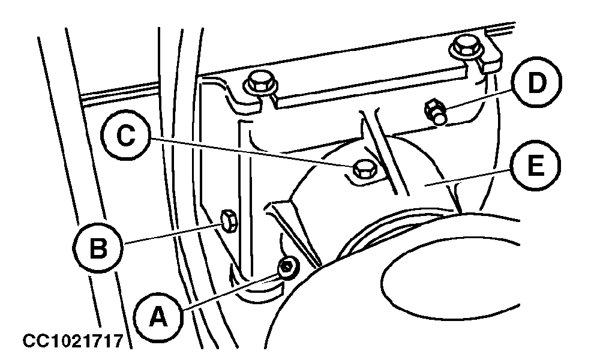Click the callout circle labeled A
[x=158, y=317]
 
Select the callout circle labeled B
[x=98, y=248]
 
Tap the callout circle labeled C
[x=125, y=136]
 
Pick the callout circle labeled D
[x=536, y=83]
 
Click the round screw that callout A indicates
[x=288, y=268]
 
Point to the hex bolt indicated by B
[x=229, y=221]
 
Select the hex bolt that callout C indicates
[x=365, y=169]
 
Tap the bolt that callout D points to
[x=436, y=111]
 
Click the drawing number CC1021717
[x=73, y=341]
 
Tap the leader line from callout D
[x=479, y=100]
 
